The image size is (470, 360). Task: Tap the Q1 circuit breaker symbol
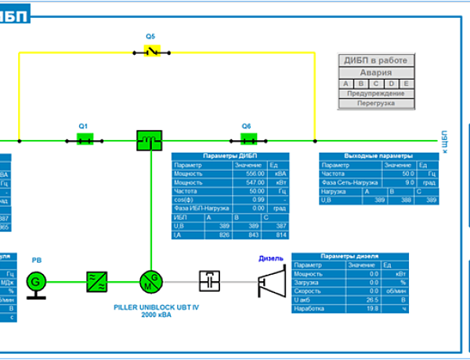pos(85,140)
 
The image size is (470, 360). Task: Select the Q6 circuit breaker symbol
pos(248,140)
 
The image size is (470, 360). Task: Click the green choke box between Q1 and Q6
pos(148,140)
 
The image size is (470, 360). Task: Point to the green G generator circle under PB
pos(35,280)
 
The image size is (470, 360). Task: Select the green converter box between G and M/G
pos(96,280)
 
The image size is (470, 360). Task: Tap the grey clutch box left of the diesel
pos(210,280)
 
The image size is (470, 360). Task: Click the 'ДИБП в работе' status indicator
pos(377,60)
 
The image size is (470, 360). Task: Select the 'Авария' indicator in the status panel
pos(377,72)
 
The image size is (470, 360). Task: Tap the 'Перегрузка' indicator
pos(377,103)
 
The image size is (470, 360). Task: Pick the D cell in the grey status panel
pos(392,83)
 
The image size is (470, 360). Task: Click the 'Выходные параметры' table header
pos(378,156)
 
